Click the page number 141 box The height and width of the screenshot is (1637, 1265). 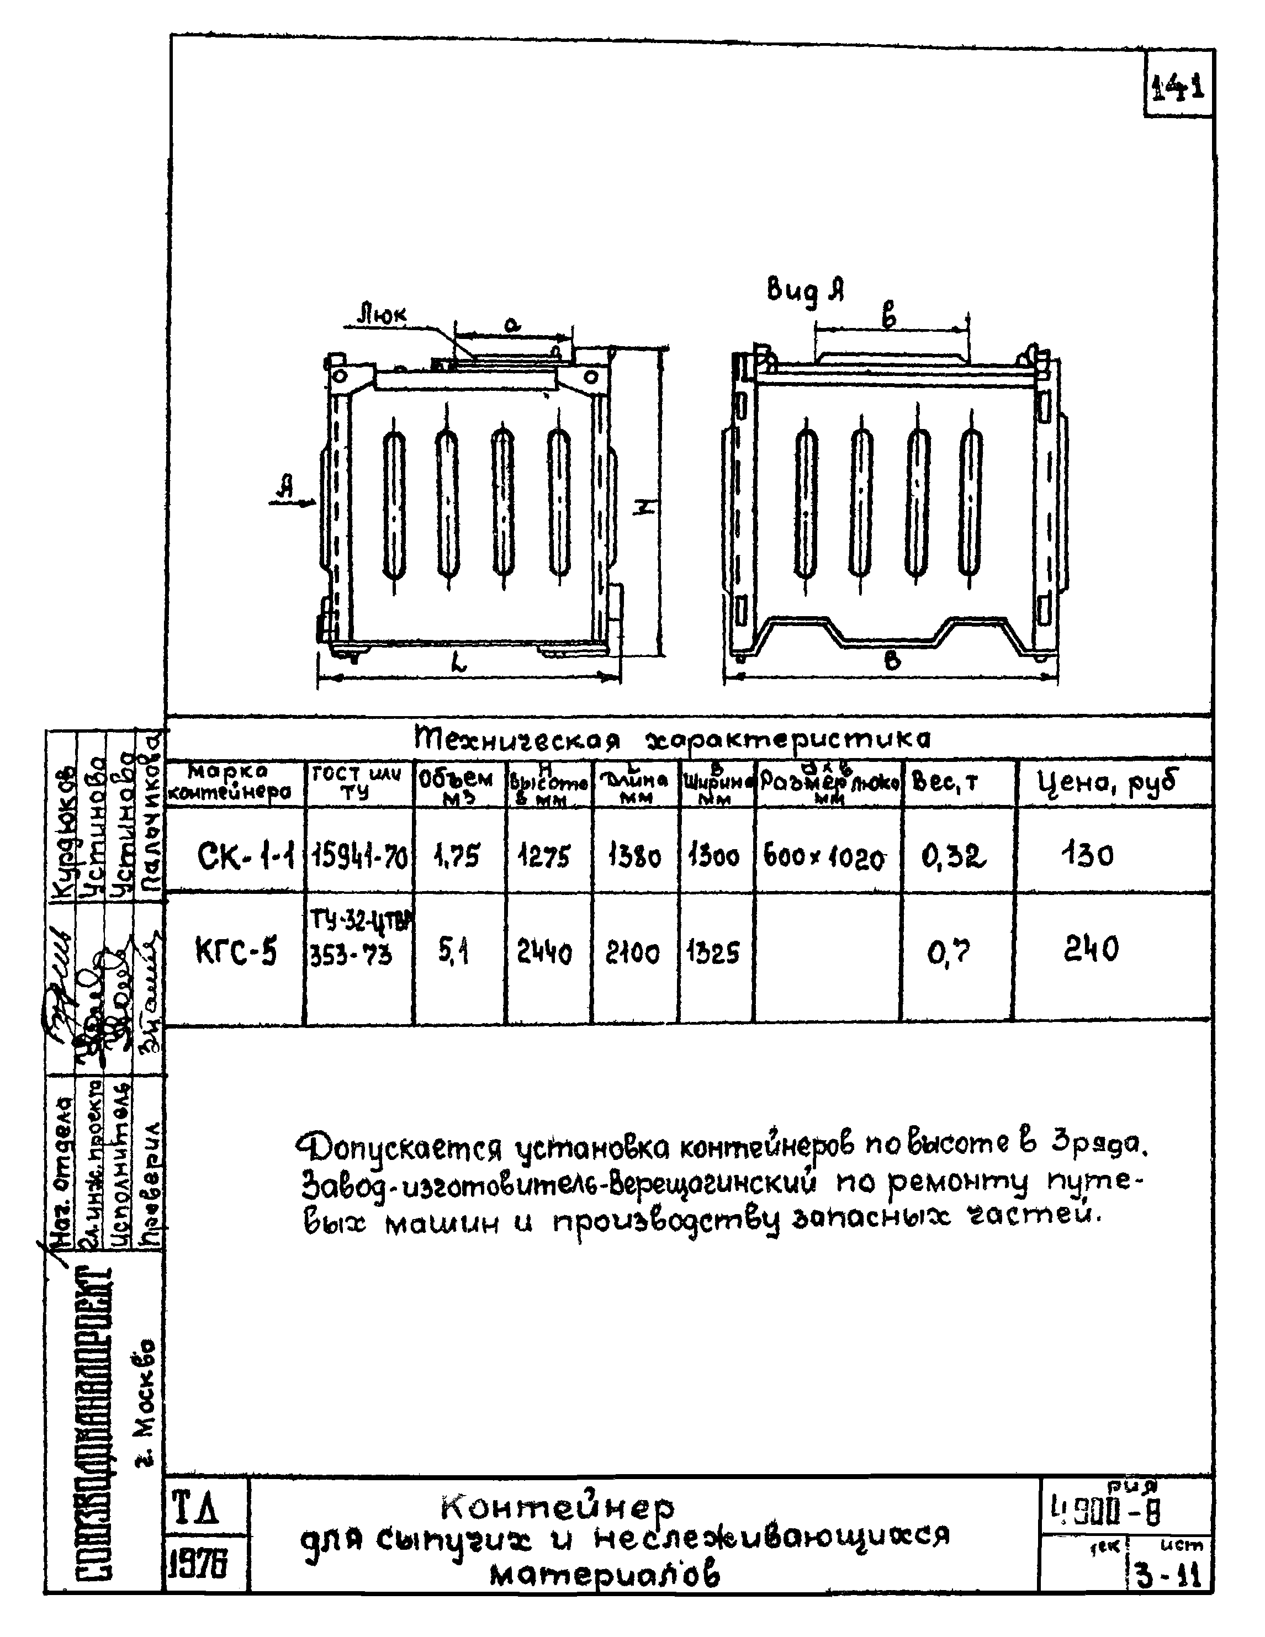(1179, 88)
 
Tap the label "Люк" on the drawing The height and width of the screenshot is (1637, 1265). (382, 314)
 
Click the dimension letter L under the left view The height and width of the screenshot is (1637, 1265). (459, 662)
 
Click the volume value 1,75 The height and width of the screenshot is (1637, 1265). (457, 855)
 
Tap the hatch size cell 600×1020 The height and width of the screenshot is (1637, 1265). (824, 856)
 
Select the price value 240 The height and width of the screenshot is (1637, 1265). (1091, 950)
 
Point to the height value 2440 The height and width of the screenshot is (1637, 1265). (544, 953)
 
